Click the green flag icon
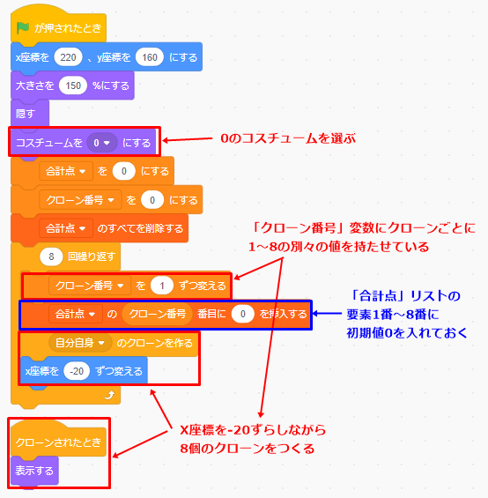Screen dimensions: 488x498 (x=23, y=28)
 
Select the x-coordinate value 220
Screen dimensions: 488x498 (x=68, y=57)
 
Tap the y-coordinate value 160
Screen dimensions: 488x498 (x=150, y=57)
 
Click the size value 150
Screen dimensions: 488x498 (x=73, y=85)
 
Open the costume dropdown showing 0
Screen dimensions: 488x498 (x=102, y=143)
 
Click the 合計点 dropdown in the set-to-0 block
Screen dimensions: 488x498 (x=66, y=171)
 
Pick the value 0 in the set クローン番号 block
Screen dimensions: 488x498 (x=152, y=200)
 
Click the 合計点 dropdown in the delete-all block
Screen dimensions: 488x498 (x=66, y=228)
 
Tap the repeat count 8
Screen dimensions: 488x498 (x=51, y=256)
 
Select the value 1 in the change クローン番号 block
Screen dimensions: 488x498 (x=162, y=286)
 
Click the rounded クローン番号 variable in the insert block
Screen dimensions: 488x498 (x=157, y=314)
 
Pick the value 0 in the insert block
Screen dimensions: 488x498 (x=242, y=314)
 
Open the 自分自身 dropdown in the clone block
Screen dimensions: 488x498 (x=80, y=343)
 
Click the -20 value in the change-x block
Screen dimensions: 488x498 (x=77, y=371)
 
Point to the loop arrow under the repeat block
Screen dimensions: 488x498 (x=109, y=395)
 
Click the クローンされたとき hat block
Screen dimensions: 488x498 (x=58, y=441)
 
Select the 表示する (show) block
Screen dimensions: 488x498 (x=34, y=471)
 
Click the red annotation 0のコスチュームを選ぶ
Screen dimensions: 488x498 (x=288, y=138)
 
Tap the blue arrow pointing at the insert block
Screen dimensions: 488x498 (x=327, y=314)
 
